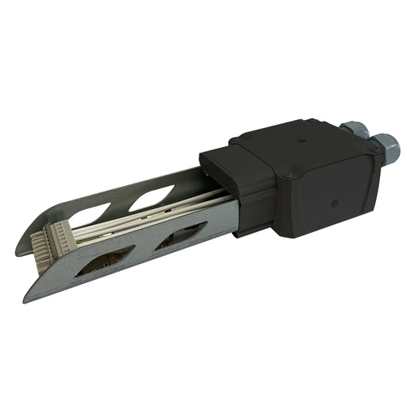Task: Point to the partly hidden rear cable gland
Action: [x=351, y=129]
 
